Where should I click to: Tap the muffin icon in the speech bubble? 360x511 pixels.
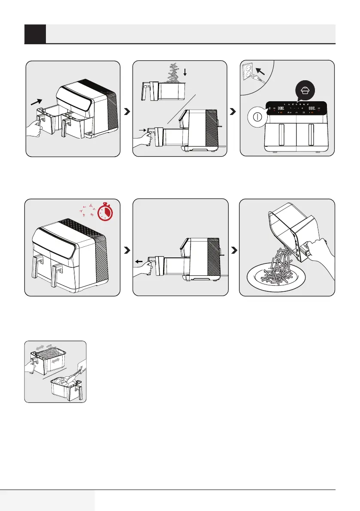(x=306, y=91)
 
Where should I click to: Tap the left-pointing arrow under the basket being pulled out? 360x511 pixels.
(x=139, y=260)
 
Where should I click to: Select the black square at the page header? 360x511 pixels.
(x=35, y=34)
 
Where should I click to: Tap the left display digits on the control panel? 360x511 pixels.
(x=282, y=108)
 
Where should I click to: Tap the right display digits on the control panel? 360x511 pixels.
(x=312, y=108)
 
